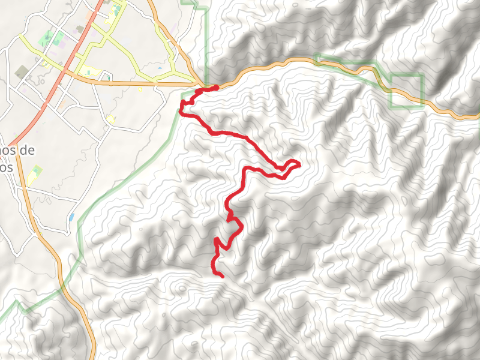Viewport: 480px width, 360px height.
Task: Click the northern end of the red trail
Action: click(x=216, y=88)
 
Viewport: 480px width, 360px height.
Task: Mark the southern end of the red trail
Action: click(x=223, y=277)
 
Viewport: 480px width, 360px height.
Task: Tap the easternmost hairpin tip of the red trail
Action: click(x=299, y=163)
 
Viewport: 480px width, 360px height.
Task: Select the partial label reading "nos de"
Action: click(x=18, y=151)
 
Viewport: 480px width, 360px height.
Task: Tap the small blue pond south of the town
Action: click(x=72, y=217)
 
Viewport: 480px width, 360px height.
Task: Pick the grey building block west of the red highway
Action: click(x=22, y=72)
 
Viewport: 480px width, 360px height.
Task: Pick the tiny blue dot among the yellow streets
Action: click(x=160, y=68)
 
